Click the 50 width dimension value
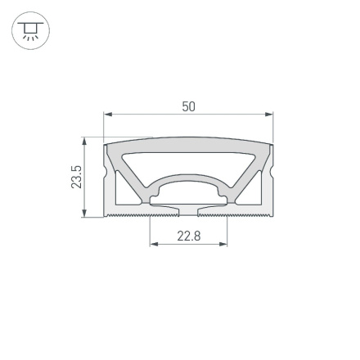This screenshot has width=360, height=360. (188, 106)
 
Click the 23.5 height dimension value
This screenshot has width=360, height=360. (76, 177)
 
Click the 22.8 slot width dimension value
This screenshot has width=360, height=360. (188, 236)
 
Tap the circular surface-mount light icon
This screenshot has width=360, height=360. (30, 31)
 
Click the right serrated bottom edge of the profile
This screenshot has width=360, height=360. (250, 216)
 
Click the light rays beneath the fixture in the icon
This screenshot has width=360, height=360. (30, 38)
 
